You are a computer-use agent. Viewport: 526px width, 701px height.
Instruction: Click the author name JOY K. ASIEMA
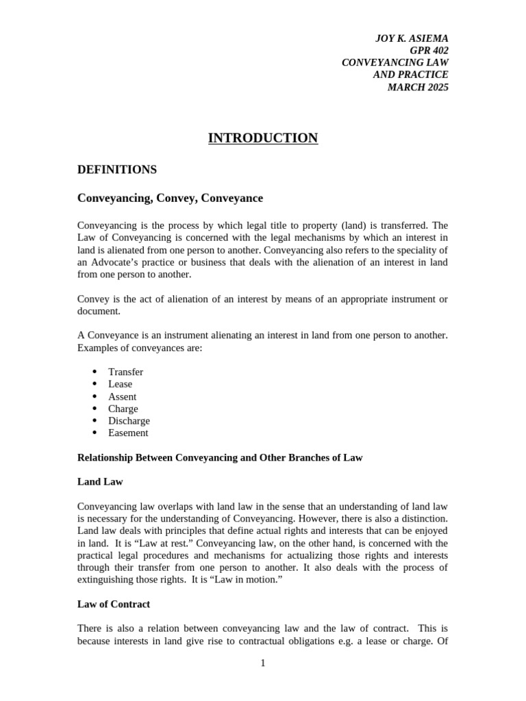pyautogui.click(x=412, y=38)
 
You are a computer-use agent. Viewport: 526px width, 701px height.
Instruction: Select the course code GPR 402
pyautogui.click(x=429, y=51)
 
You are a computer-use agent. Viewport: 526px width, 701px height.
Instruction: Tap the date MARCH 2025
pyautogui.click(x=418, y=87)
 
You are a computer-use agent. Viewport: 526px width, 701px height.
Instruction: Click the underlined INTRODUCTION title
pyautogui.click(x=263, y=138)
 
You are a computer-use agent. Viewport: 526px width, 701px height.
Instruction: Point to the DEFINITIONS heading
pyautogui.click(x=117, y=170)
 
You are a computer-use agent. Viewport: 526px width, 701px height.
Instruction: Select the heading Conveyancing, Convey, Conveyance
pyautogui.click(x=170, y=199)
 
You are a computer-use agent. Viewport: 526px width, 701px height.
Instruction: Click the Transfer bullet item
pyautogui.click(x=125, y=372)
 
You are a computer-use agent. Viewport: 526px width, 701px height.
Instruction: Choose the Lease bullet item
pyautogui.click(x=120, y=384)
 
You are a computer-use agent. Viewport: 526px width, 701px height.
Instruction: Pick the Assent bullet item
pyautogui.click(x=122, y=396)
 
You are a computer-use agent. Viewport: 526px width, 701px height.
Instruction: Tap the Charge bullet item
pyautogui.click(x=123, y=409)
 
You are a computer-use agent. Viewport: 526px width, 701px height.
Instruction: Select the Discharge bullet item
pyautogui.click(x=129, y=421)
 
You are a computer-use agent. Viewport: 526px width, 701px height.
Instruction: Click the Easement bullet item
pyautogui.click(x=128, y=433)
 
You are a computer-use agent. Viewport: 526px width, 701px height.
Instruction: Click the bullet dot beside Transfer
pyautogui.click(x=95, y=372)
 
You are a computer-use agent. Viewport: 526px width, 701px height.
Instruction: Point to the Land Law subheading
pyautogui.click(x=100, y=482)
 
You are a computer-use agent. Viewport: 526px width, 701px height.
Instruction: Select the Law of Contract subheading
pyautogui.click(x=114, y=604)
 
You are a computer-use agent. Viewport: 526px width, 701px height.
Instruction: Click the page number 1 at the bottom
pyautogui.click(x=262, y=663)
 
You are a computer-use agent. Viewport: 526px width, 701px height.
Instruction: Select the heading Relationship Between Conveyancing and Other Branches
pyautogui.click(x=220, y=457)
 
